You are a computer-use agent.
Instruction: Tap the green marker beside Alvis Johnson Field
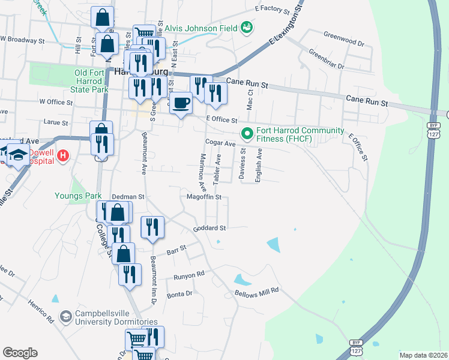tap(246, 27)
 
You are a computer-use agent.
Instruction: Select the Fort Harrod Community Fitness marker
tap(246, 133)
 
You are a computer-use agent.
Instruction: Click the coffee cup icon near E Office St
tap(181, 103)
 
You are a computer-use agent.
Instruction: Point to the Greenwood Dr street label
tap(344, 44)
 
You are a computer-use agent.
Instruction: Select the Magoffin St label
tap(204, 197)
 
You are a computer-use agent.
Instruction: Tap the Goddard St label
tap(209, 228)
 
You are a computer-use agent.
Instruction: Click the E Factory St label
tap(272, 9)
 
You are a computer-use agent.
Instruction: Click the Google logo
tap(20, 353)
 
